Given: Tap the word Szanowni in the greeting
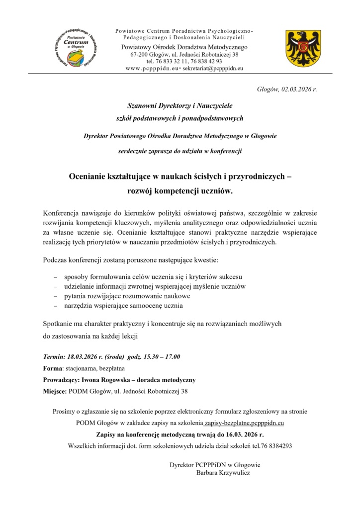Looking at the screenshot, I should pos(143,105).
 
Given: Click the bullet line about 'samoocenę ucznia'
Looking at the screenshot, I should pos(123,305).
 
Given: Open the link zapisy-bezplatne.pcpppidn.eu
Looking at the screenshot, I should pos(244,423).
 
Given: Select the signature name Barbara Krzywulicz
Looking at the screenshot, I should pos(223,473).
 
